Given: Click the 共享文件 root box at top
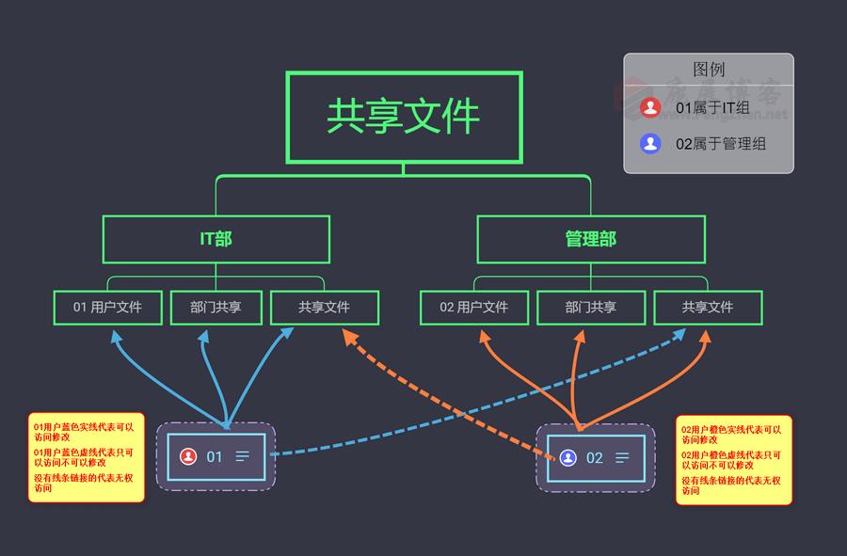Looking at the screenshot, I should [404, 117].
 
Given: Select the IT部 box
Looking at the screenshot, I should [216, 239].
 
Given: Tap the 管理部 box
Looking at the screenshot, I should [590, 239].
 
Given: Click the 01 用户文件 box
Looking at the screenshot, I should [107, 308].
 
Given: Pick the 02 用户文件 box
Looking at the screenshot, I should [473, 308].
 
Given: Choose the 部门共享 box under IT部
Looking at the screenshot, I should [216, 308].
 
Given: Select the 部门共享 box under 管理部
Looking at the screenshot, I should [590, 308].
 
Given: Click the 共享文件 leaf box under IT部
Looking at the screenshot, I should [325, 308].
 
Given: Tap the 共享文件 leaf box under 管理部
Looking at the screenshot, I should [708, 308].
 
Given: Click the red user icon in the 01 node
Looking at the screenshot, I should [188, 456].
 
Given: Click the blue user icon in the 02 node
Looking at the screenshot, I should [567, 457].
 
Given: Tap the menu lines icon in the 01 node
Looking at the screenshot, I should [243, 456].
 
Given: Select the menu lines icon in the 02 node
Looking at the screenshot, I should [622, 457].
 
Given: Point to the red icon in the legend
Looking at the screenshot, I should [649, 108].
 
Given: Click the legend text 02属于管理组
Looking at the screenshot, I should [721, 144].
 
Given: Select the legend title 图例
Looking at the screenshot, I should [709, 70].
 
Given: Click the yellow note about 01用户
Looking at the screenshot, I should [86, 457].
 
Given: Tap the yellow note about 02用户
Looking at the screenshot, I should [733, 460].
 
